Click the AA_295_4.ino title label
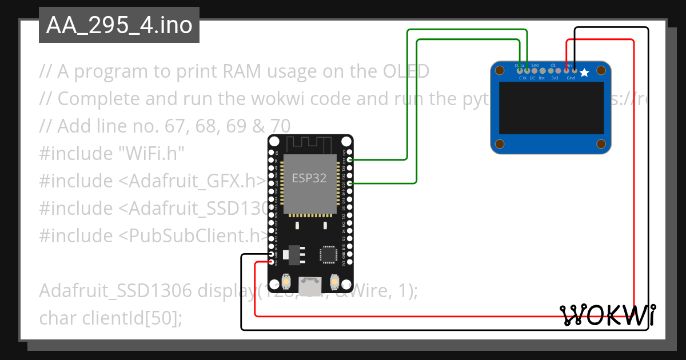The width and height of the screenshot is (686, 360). [x=119, y=26]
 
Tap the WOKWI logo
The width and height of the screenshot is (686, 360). [x=607, y=314]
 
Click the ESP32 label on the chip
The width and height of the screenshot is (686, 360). [x=309, y=178]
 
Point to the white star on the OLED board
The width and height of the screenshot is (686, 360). [x=584, y=73]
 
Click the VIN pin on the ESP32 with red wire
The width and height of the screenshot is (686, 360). [x=271, y=262]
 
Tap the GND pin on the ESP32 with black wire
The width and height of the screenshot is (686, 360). [x=271, y=255]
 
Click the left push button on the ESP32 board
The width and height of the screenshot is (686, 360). [x=288, y=282]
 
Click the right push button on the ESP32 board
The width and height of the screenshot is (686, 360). [x=334, y=282]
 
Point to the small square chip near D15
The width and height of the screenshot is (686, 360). [x=329, y=255]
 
